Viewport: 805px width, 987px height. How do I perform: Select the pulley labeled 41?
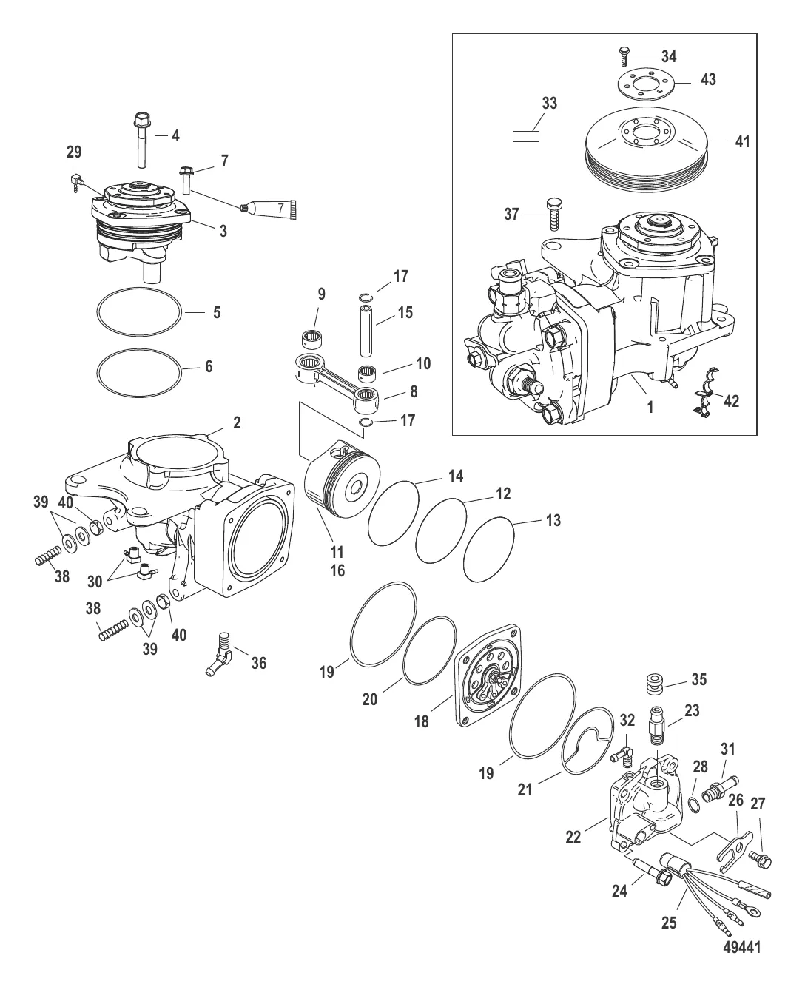[647, 148]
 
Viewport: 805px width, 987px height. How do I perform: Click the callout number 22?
[574, 836]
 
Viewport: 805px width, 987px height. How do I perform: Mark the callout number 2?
[237, 422]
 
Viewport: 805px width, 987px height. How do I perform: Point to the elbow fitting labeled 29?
[75, 180]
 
